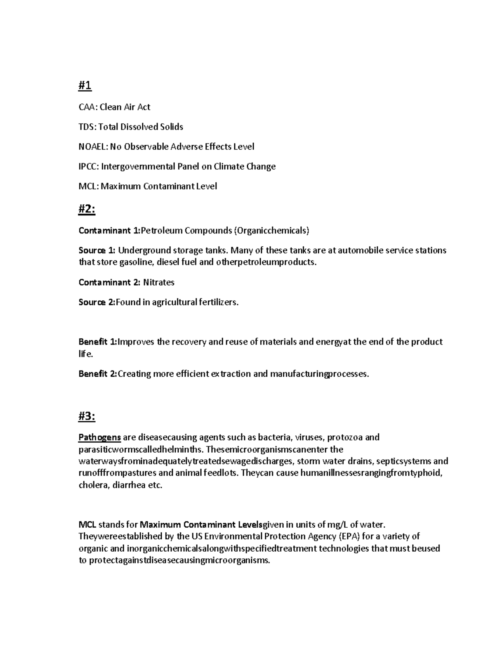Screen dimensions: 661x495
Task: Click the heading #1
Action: pyautogui.click(x=85, y=86)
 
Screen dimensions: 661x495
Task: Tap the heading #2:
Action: pyautogui.click(x=87, y=210)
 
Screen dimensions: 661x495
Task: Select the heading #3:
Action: pyautogui.click(x=87, y=417)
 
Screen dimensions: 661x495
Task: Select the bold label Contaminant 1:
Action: pyautogui.click(x=109, y=231)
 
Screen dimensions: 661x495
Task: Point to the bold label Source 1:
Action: pyautogui.click(x=97, y=250)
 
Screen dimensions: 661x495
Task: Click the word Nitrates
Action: pyautogui.click(x=159, y=283)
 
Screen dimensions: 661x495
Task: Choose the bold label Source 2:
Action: pyautogui.click(x=97, y=302)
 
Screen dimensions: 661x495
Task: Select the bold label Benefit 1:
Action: pyautogui.click(x=98, y=342)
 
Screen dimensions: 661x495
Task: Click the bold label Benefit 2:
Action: pyautogui.click(x=98, y=374)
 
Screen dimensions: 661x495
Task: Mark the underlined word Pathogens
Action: pyautogui.click(x=99, y=437)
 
